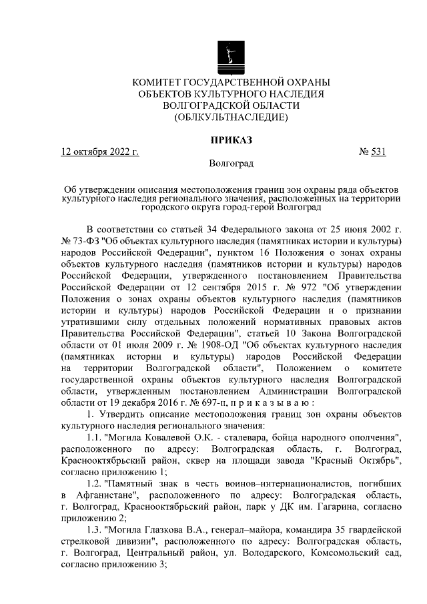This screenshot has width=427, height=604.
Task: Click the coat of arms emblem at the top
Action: point(231,56)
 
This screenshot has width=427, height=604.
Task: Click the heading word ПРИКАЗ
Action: point(231,140)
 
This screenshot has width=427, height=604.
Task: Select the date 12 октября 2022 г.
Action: point(99,152)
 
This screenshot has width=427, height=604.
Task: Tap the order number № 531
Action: point(373,152)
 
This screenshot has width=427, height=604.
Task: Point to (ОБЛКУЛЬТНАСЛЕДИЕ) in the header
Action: point(231,117)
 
